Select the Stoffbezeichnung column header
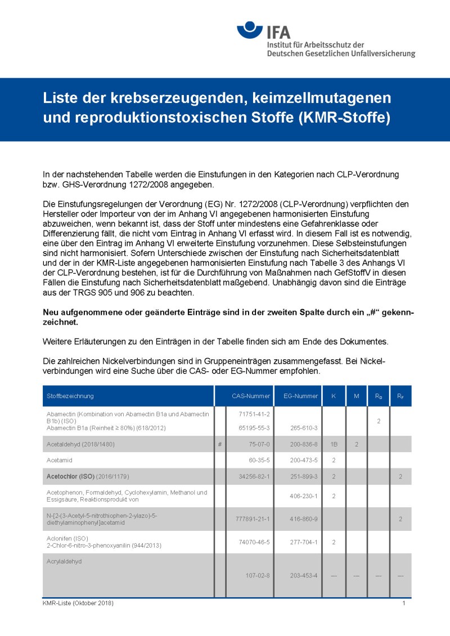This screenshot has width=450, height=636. point(70,396)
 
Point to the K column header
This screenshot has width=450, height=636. point(334,396)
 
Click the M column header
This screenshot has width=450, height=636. point(356,396)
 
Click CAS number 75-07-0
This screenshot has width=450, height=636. point(259,444)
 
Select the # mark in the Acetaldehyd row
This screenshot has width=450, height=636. point(220,444)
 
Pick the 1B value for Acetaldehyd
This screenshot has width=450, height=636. point(334,444)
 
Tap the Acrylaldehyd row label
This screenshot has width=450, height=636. point(65,561)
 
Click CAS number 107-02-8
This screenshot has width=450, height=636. point(258,575)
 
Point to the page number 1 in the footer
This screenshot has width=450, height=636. point(404,603)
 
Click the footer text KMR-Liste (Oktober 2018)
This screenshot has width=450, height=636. point(78,603)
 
